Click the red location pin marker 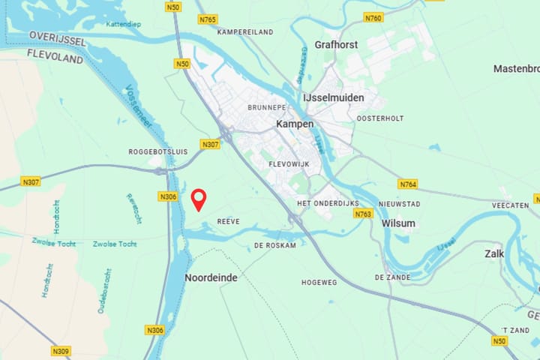point(199,199)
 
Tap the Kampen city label point(295,124)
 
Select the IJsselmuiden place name point(333,97)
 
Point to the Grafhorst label point(336,45)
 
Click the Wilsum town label point(398,223)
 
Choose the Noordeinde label point(211,277)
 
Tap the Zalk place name point(494,253)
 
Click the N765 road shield point(208,19)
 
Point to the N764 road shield point(408,184)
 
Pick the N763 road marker point(364,214)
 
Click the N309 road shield point(61,350)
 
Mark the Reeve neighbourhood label point(228,221)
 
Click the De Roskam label point(275,245)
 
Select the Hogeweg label point(319,282)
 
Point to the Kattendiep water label point(124,24)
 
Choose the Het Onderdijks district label point(328,203)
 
